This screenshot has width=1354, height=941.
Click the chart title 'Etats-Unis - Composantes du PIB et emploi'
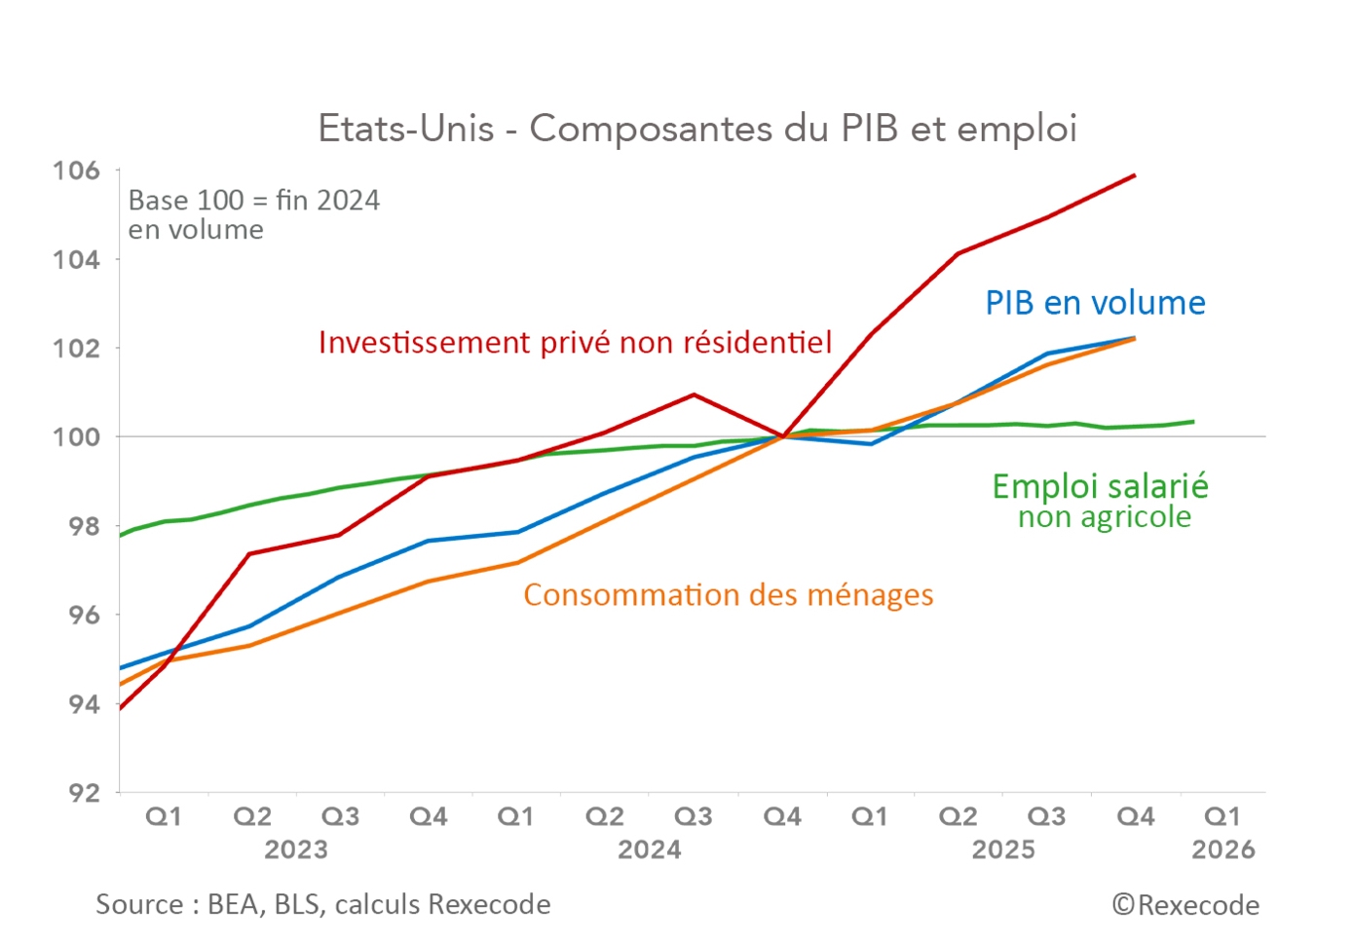tap(697, 129)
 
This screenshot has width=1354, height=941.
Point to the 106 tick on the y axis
tap(76, 170)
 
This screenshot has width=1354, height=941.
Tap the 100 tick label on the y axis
tap(76, 437)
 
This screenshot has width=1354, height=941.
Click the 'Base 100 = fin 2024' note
tap(253, 201)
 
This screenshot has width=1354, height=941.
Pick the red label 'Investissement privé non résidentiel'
tap(575, 343)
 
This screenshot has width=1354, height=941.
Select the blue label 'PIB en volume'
tap(1095, 303)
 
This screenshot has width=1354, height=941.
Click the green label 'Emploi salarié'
tap(1100, 486)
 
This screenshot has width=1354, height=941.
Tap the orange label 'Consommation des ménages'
tap(728, 595)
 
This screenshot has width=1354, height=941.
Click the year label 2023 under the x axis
tap(296, 850)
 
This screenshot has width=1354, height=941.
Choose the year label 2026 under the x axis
tap(1223, 850)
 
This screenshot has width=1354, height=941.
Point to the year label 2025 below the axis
tap(1003, 850)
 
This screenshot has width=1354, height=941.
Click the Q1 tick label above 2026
tap(1223, 816)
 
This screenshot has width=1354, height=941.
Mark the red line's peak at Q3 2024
tap(694, 395)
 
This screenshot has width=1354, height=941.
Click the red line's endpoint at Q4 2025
tap(1135, 175)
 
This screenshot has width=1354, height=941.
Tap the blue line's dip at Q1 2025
tap(871, 444)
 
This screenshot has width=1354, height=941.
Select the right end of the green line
tap(1194, 422)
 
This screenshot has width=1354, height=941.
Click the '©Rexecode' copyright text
tap(1185, 906)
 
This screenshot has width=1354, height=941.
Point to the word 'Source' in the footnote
tap(139, 905)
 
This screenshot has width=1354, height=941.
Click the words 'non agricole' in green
tap(1104, 517)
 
